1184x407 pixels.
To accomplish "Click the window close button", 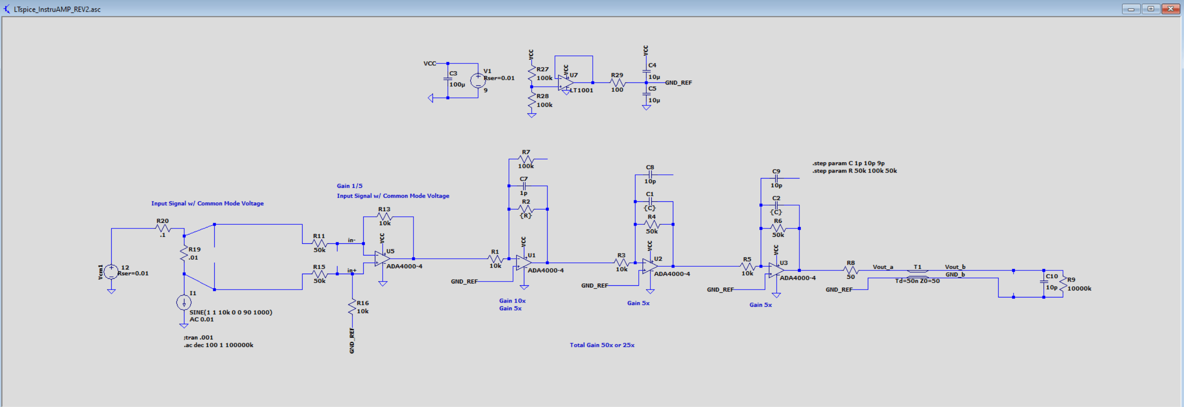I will (1170, 9).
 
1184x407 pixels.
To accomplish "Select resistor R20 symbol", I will (163, 228).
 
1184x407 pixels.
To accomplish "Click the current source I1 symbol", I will (184, 303).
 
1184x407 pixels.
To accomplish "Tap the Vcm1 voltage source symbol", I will (111, 271).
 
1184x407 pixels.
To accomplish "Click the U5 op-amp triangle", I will (382, 259).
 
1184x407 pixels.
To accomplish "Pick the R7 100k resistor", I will (526, 159).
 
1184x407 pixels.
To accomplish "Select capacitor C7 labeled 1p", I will (524, 186).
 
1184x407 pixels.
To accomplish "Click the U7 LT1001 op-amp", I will (565, 83).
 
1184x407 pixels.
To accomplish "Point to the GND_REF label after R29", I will (678, 83).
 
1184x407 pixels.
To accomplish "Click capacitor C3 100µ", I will (448, 79).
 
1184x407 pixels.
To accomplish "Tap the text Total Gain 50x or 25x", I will (602, 345).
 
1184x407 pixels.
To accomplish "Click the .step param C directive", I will (848, 163).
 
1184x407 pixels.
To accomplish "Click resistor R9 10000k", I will (1063, 284).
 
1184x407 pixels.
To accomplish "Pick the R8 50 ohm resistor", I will (851, 270).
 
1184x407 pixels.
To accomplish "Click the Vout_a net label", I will (883, 267).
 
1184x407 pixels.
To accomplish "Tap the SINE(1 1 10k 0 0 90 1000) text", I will (230, 312).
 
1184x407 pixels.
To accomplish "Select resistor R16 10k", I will (352, 307).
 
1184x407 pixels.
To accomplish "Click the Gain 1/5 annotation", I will (349, 186).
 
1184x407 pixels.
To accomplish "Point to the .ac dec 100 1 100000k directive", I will (218, 345).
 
